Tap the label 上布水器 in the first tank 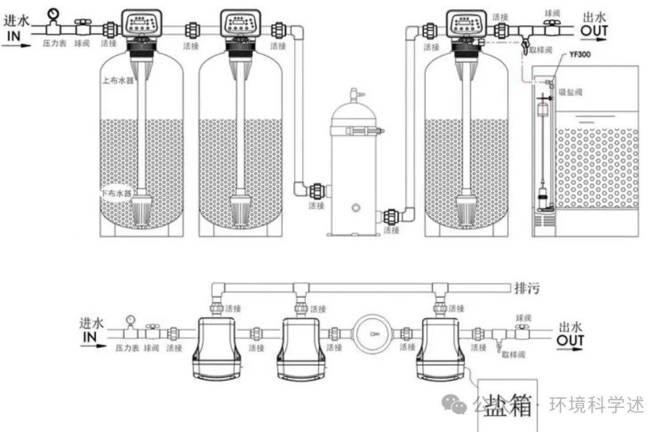118,80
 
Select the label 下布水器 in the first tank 117,193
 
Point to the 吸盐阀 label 570,92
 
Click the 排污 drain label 525,288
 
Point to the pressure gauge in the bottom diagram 131,320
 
